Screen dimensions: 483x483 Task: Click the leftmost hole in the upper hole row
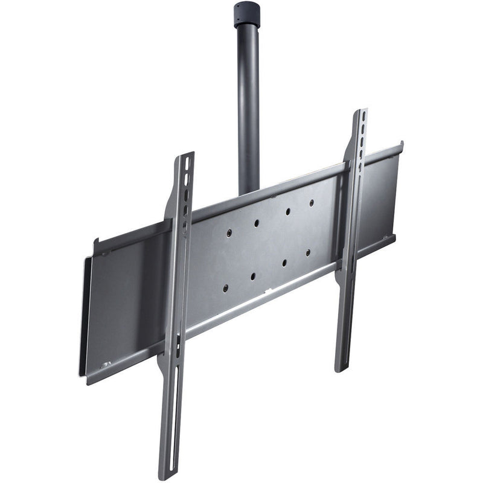229,232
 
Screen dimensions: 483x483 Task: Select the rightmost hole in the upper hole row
312,202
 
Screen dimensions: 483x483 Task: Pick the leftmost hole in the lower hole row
225,288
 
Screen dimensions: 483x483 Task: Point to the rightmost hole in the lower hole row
307,252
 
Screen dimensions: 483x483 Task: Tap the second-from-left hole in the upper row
257,222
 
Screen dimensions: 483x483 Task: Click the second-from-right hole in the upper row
287,211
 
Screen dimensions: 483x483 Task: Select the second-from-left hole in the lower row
253,276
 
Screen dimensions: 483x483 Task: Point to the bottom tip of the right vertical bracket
342,368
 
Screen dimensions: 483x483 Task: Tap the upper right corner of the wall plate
400,145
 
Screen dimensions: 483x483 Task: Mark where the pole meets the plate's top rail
249,192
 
